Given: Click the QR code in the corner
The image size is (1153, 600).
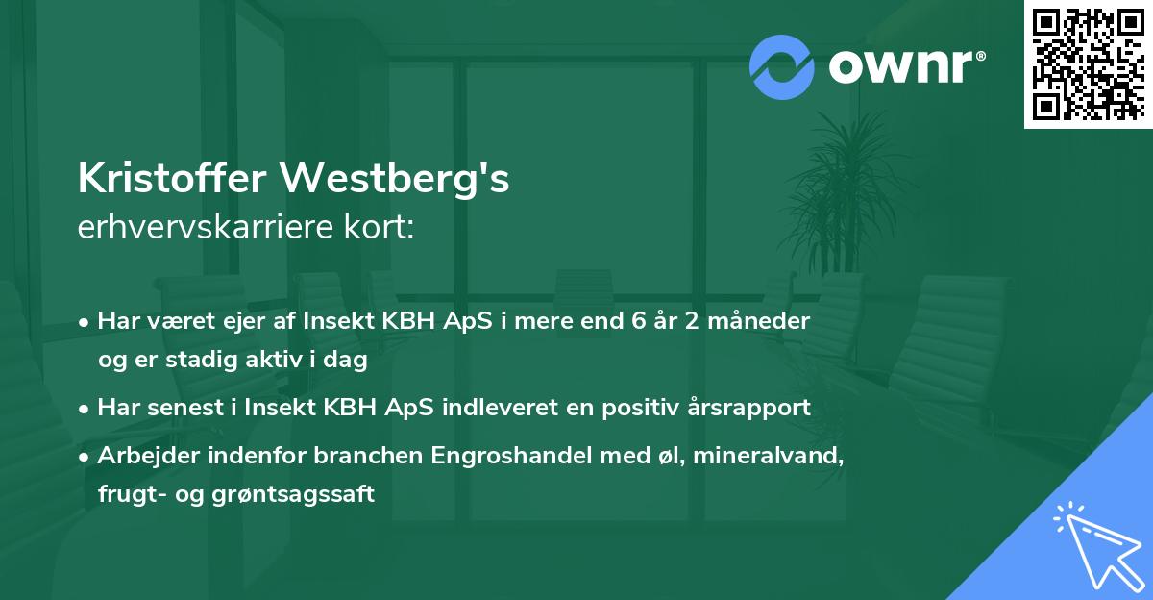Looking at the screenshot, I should click(x=1089, y=63).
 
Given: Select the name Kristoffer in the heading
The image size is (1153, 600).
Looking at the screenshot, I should click(x=171, y=179).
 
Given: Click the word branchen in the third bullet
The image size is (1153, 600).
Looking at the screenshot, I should click(x=318, y=455).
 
